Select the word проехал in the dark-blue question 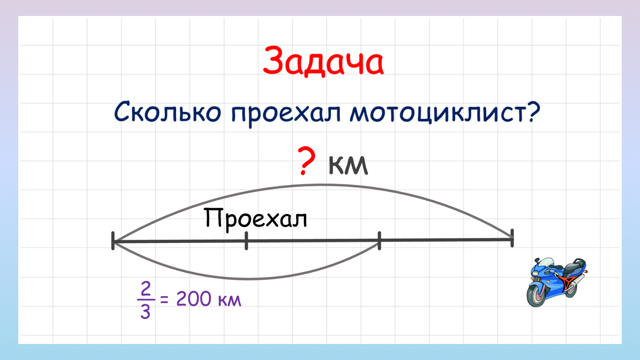286,113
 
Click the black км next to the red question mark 348,165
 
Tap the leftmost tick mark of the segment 113,241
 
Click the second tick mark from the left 246,241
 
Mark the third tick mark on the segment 379,240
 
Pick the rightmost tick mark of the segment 512,238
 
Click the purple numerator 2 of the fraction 146,289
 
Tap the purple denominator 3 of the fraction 145,312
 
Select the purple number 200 193,299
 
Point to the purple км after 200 229,300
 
